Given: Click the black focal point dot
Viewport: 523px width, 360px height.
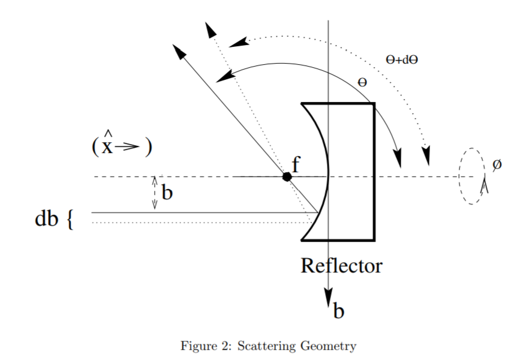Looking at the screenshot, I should pyautogui.click(x=287, y=176).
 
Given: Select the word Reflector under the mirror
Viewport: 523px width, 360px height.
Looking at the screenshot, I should pyautogui.click(x=341, y=265).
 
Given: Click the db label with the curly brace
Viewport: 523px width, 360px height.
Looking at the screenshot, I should pyautogui.click(x=53, y=220).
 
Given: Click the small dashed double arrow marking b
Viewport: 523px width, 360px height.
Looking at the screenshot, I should pyautogui.click(x=155, y=193).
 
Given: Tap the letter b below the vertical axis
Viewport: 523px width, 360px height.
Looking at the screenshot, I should pyautogui.click(x=339, y=311).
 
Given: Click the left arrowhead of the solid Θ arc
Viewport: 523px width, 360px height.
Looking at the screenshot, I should pyautogui.click(x=225, y=75).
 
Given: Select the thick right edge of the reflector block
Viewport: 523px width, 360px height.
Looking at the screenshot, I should pyautogui.click(x=374, y=171).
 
